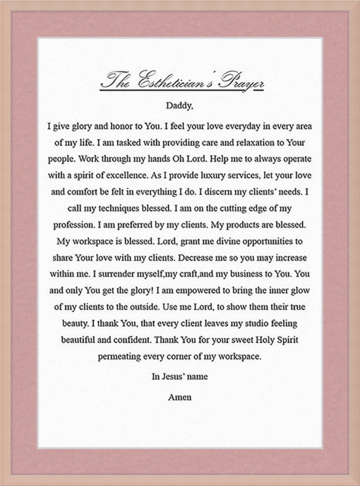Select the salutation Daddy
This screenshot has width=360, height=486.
[x=180, y=106]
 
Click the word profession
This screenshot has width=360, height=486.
[x=75, y=225]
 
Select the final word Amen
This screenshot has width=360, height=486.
[x=180, y=397]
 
